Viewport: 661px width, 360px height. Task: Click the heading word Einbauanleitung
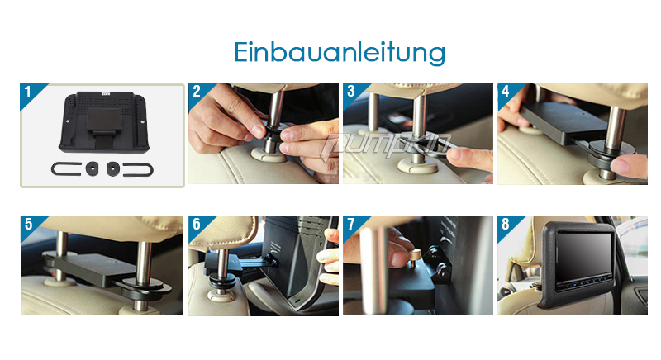click(340, 53)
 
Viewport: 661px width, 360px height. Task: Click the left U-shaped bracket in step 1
click(52, 169)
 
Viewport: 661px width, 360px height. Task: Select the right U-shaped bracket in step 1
click(152, 170)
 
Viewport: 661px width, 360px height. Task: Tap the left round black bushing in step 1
click(93, 168)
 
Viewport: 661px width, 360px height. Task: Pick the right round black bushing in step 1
click(113, 168)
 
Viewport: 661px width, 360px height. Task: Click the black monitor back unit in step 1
click(104, 121)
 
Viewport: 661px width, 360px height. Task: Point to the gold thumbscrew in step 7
click(414, 257)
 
